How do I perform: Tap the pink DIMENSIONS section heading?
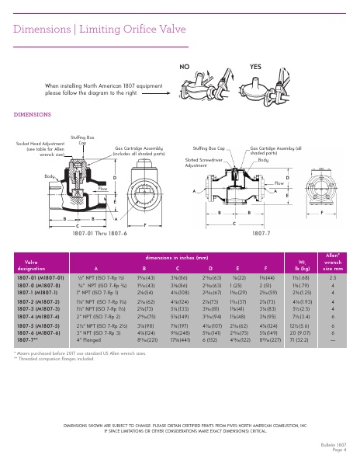33,114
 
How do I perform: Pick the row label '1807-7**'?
27,339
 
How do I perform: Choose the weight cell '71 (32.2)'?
298,339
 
